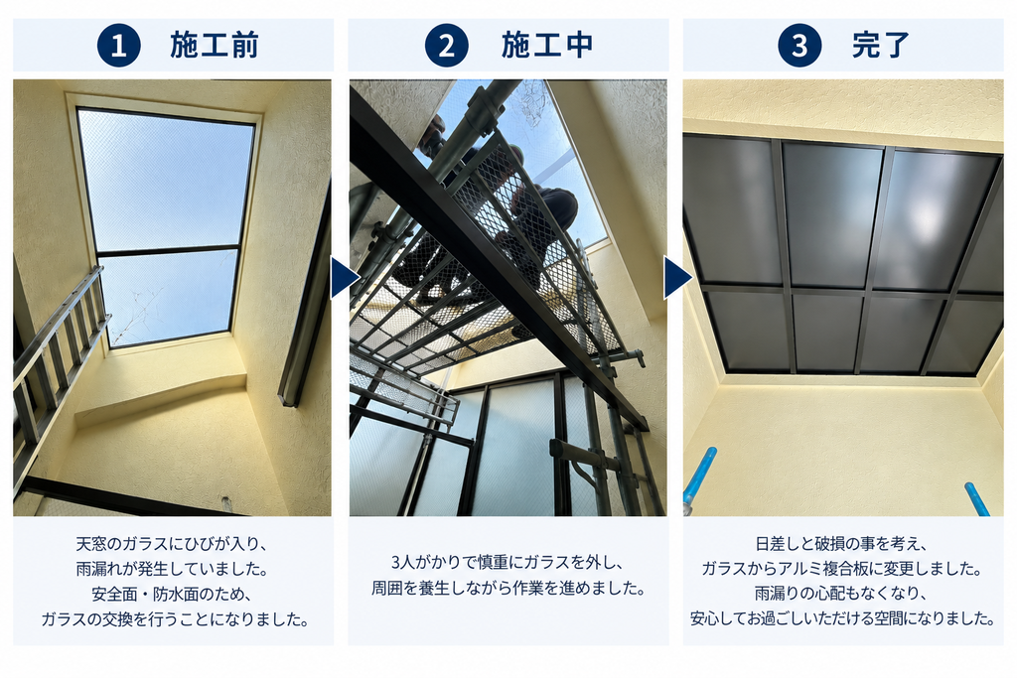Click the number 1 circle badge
coord(119,46)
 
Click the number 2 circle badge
coord(446,46)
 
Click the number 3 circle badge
coord(799,46)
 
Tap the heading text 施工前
coord(215,46)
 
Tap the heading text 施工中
coord(547,46)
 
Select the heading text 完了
coord(881,46)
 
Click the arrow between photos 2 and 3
coord(677,277)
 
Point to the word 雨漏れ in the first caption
coord(99,569)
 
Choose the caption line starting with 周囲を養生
coord(508,589)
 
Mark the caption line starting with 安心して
coord(842,618)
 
